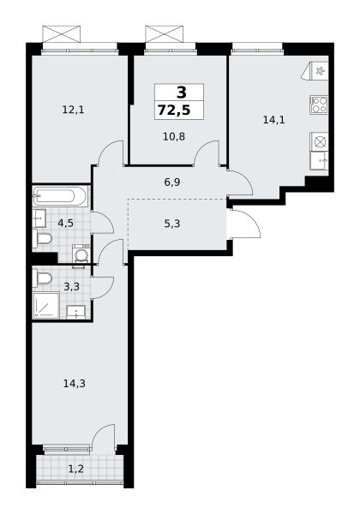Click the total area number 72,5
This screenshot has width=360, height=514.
pos(174,111)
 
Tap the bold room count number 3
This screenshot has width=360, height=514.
pos(182,93)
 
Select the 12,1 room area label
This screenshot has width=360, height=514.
pos(73,110)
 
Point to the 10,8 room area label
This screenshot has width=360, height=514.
pos(174,136)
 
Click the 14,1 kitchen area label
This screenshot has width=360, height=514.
pos(273,120)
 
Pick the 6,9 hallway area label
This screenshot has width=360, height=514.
pos(172,182)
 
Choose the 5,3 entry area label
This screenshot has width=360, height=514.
pos(172,224)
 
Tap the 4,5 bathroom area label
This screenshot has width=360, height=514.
pos(65,224)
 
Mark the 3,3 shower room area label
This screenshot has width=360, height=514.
pos(71,287)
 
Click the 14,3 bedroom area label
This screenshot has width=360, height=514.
pos(74,383)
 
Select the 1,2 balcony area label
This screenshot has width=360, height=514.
pos(75,469)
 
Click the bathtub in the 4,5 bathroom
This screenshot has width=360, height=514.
pos(60,196)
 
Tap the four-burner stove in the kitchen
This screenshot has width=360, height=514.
pos(319,105)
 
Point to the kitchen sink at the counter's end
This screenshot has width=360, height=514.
pos(320,161)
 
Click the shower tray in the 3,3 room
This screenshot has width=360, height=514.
pos(45,305)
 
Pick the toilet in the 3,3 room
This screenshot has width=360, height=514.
pos(42,278)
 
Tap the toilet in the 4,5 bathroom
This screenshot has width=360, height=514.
pos(42,238)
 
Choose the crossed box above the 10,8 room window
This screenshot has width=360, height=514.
pos(164,34)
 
